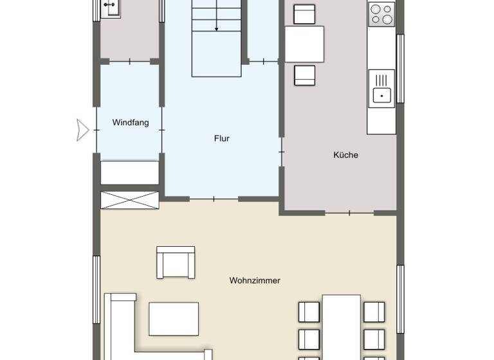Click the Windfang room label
pyautogui.click(x=130, y=122)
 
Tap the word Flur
pyautogui.click(x=221, y=138)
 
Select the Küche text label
pyautogui.click(x=345, y=155)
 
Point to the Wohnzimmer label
pyautogui.click(x=255, y=280)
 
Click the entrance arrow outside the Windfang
pyautogui.click(x=82, y=129)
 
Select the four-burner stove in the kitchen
pyautogui.click(x=381, y=14)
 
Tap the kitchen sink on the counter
pyautogui.click(x=381, y=89)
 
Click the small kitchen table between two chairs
pyautogui.click(x=304, y=44)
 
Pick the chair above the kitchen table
pyautogui.click(x=304, y=14)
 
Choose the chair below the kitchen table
pyautogui.click(x=304, y=75)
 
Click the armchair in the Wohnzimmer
pyautogui.click(x=175, y=262)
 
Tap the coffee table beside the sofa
pyautogui.click(x=174, y=319)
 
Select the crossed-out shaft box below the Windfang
pyautogui.click(x=130, y=200)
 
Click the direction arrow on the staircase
pyautogui.click(x=217, y=26)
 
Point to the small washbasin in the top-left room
pyautogui.click(x=109, y=9)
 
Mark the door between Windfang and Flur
pyautogui.click(x=161, y=129)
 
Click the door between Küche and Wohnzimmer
pyautogui.click(x=349, y=212)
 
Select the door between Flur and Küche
pyautogui.click(x=282, y=152)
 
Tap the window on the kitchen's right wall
pyautogui.click(x=400, y=68)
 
